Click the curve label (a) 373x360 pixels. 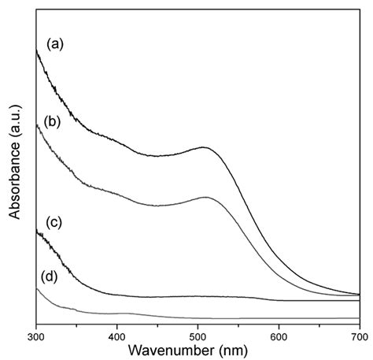(x=56, y=44)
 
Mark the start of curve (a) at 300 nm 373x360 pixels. (x=37, y=50)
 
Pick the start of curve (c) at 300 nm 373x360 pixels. (x=37, y=230)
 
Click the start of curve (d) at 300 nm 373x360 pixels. (x=37, y=289)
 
